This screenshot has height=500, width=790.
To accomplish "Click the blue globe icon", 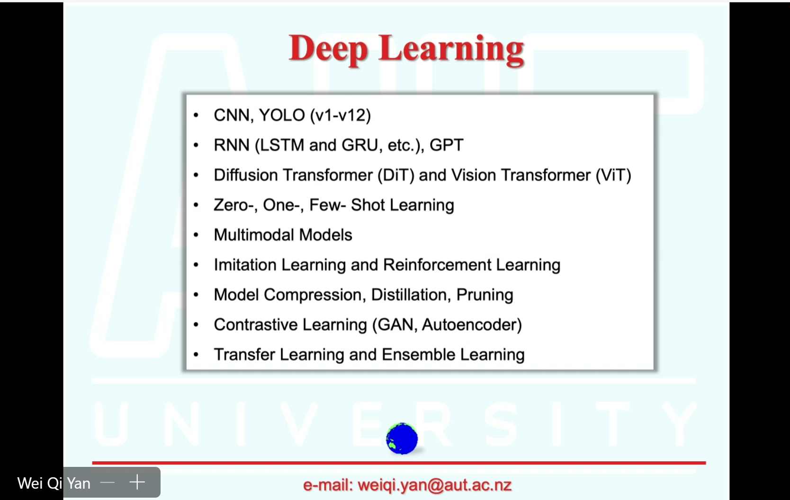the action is point(402,439).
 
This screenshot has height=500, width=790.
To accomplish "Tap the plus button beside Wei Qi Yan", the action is point(137,482).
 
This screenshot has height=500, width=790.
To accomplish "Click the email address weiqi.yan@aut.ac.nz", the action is point(434,485).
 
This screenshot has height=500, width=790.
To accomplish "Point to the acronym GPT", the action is point(446,145).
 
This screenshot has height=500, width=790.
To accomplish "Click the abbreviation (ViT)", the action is point(613,175).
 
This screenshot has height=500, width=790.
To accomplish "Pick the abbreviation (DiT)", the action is point(395,175).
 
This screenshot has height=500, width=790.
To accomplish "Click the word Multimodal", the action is point(253,235).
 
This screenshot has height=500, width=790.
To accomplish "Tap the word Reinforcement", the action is point(437,264).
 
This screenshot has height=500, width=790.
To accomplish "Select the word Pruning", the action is point(485,295).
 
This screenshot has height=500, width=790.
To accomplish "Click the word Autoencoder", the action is point(469,325).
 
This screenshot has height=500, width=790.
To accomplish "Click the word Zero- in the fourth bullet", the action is point(233,205).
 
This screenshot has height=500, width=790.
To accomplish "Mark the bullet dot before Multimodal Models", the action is point(196,235).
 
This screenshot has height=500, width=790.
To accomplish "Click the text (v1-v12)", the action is point(341,115).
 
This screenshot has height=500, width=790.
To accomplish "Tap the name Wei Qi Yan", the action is point(54,483).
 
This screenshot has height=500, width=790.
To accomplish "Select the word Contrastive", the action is point(255,325).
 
